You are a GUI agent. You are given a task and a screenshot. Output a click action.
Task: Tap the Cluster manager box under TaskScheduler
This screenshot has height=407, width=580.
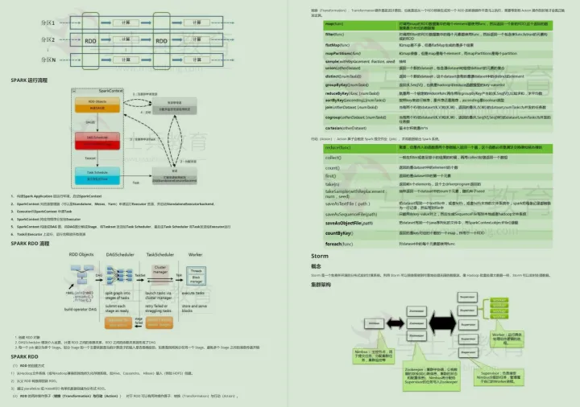click(x=159, y=270)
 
